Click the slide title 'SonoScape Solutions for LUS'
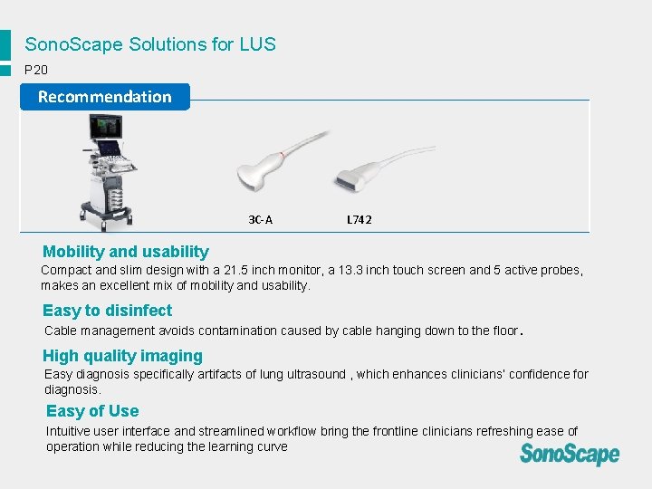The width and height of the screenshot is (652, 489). [150, 44]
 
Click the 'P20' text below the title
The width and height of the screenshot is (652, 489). [37, 70]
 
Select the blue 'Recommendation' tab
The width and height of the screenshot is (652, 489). [104, 97]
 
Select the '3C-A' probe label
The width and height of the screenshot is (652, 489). [261, 219]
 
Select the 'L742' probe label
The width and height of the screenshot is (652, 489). [359, 219]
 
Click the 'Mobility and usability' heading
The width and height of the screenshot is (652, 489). [126, 253]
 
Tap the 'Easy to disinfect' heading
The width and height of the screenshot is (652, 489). [107, 311]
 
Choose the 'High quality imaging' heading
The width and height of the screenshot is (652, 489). [122, 356]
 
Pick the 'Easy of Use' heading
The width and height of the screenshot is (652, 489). [92, 411]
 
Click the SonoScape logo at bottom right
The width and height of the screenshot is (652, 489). [570, 454]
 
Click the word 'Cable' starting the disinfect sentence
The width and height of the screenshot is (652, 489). [61, 331]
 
